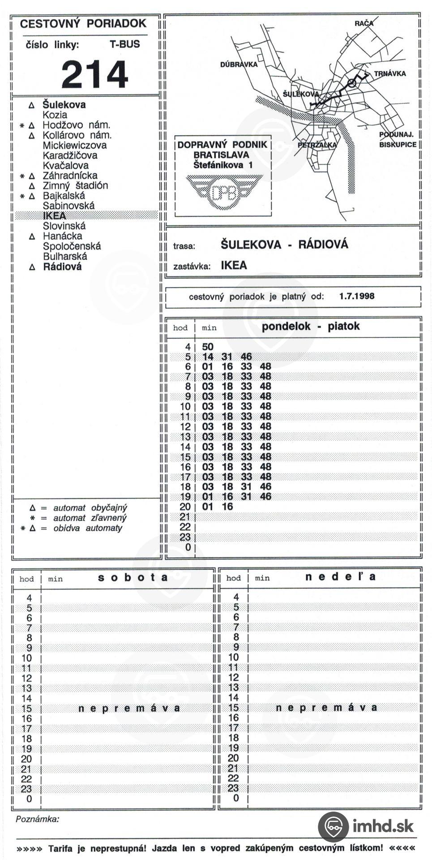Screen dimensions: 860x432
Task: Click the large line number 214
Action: (x=94, y=74)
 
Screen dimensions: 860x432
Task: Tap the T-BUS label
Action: (x=124, y=44)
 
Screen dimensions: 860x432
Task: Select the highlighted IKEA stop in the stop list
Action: (x=54, y=216)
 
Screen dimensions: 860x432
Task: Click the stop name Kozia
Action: (x=55, y=115)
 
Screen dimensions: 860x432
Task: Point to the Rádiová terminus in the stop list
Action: (x=62, y=267)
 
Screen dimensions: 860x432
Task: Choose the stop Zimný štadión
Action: (x=75, y=185)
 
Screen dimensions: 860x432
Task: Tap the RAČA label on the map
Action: (x=364, y=23)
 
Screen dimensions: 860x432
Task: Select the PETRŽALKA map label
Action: (x=317, y=145)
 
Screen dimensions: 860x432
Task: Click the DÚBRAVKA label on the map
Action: (x=239, y=64)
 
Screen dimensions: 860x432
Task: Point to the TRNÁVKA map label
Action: (x=390, y=73)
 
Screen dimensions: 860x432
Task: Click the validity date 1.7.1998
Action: (x=356, y=296)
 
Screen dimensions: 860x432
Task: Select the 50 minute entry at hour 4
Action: (x=208, y=347)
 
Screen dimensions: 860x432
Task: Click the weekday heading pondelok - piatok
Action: (x=310, y=326)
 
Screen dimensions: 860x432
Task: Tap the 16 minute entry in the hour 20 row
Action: (x=227, y=507)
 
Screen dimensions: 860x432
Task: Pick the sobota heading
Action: (x=133, y=577)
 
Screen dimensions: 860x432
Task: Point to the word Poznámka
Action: (x=37, y=819)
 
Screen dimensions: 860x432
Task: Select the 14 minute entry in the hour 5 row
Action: (x=208, y=357)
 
